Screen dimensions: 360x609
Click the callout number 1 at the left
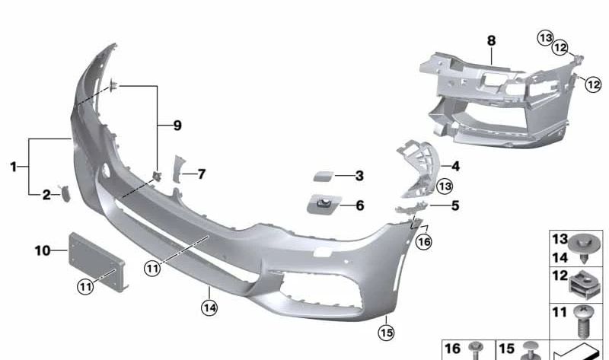(x=13, y=165)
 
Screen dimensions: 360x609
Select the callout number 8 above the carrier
(x=491, y=40)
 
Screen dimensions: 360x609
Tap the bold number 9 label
(x=177, y=125)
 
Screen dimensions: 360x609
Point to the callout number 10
(x=43, y=250)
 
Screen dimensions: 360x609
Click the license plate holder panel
(x=96, y=261)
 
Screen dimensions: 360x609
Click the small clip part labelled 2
(x=65, y=194)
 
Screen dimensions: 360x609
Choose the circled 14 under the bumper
(x=209, y=308)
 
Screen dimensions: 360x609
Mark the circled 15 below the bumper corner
(x=386, y=332)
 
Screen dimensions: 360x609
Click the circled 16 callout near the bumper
(x=424, y=241)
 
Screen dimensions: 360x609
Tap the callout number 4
(x=455, y=166)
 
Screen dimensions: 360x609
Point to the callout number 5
(x=455, y=205)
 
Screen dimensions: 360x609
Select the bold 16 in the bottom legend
(x=452, y=349)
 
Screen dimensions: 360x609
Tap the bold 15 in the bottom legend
(x=506, y=349)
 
